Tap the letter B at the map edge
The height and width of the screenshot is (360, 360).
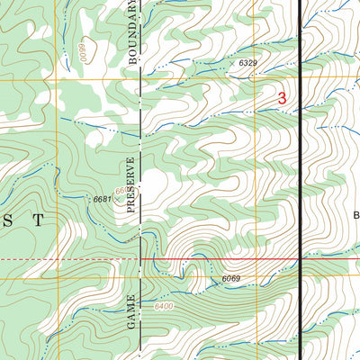[x=355, y=215]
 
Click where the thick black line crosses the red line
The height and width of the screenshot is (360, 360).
[x=300, y=260]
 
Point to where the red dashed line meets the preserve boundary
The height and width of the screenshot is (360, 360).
[x=141, y=260]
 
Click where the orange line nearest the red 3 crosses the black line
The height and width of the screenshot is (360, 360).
[x=300, y=82]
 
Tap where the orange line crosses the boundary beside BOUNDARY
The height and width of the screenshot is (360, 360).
[x=141, y=82]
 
